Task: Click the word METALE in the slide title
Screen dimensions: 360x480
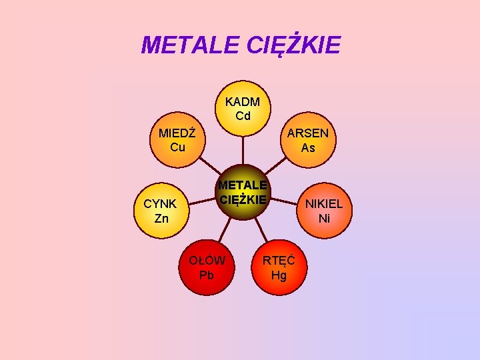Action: click(x=191, y=45)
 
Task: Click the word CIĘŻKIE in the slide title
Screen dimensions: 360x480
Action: click(x=293, y=45)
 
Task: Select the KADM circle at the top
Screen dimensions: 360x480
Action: click(x=243, y=109)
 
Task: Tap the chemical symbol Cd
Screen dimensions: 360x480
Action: click(x=243, y=116)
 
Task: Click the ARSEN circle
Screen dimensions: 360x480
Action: click(x=308, y=140)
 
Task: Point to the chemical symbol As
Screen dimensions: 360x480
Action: click(x=308, y=148)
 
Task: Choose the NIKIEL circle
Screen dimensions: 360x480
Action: click(x=324, y=210)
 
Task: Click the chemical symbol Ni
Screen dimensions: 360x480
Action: click(x=324, y=218)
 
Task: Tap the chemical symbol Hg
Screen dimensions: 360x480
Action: click(x=279, y=275)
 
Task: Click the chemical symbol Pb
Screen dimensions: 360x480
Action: click(x=207, y=275)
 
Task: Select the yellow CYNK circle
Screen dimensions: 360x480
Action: click(x=161, y=211)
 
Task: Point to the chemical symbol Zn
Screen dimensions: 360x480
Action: click(x=161, y=219)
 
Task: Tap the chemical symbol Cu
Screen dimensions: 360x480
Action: click(x=177, y=147)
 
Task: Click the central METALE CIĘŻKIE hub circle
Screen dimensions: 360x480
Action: click(x=243, y=192)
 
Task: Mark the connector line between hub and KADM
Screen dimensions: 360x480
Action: click(x=243, y=150)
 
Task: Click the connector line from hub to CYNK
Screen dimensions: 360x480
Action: click(x=201, y=201)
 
